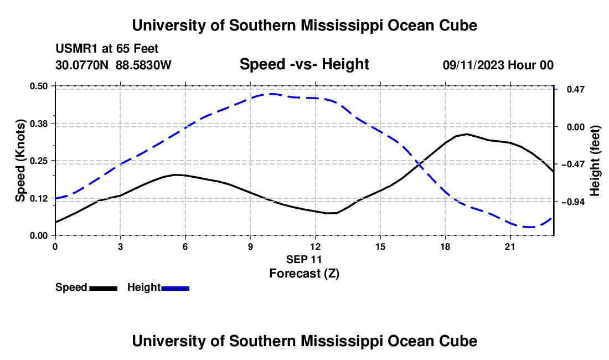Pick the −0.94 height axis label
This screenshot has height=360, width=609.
click(x=573, y=202)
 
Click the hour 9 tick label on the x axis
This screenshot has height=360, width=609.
click(x=250, y=246)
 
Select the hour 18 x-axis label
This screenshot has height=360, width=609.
click(x=445, y=246)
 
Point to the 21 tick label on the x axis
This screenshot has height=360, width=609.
click(x=509, y=246)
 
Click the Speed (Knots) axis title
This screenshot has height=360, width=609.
click(x=20, y=161)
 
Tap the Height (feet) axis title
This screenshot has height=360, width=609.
click(x=595, y=161)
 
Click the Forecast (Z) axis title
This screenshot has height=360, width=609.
click(x=304, y=274)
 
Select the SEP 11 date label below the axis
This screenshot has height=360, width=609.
click(x=304, y=259)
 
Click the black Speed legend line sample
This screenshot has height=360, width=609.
click(x=104, y=288)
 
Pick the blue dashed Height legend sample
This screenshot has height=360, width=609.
click(x=175, y=288)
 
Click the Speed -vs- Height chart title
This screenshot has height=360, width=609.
click(x=304, y=64)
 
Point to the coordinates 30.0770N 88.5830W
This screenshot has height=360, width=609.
click(x=113, y=65)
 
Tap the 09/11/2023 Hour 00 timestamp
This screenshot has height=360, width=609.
click(x=498, y=65)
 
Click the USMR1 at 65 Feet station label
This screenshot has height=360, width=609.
click(x=107, y=49)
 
